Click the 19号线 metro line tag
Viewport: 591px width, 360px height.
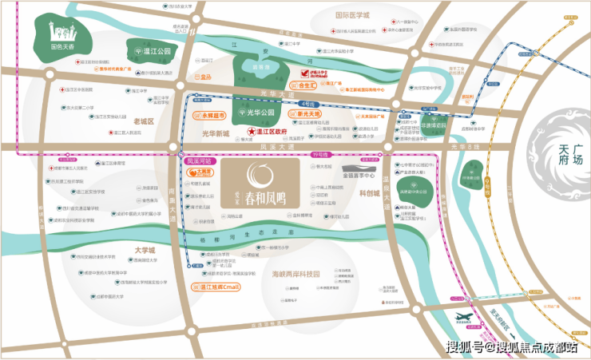pyautogui.click(x=319, y=153)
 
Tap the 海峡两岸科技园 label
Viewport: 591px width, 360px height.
pyautogui.click(x=295, y=274)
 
